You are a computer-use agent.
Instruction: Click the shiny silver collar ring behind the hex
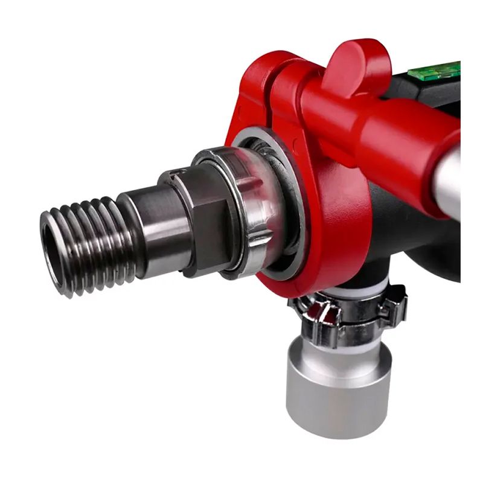(241, 211)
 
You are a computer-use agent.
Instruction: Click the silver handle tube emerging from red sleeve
(450, 181)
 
